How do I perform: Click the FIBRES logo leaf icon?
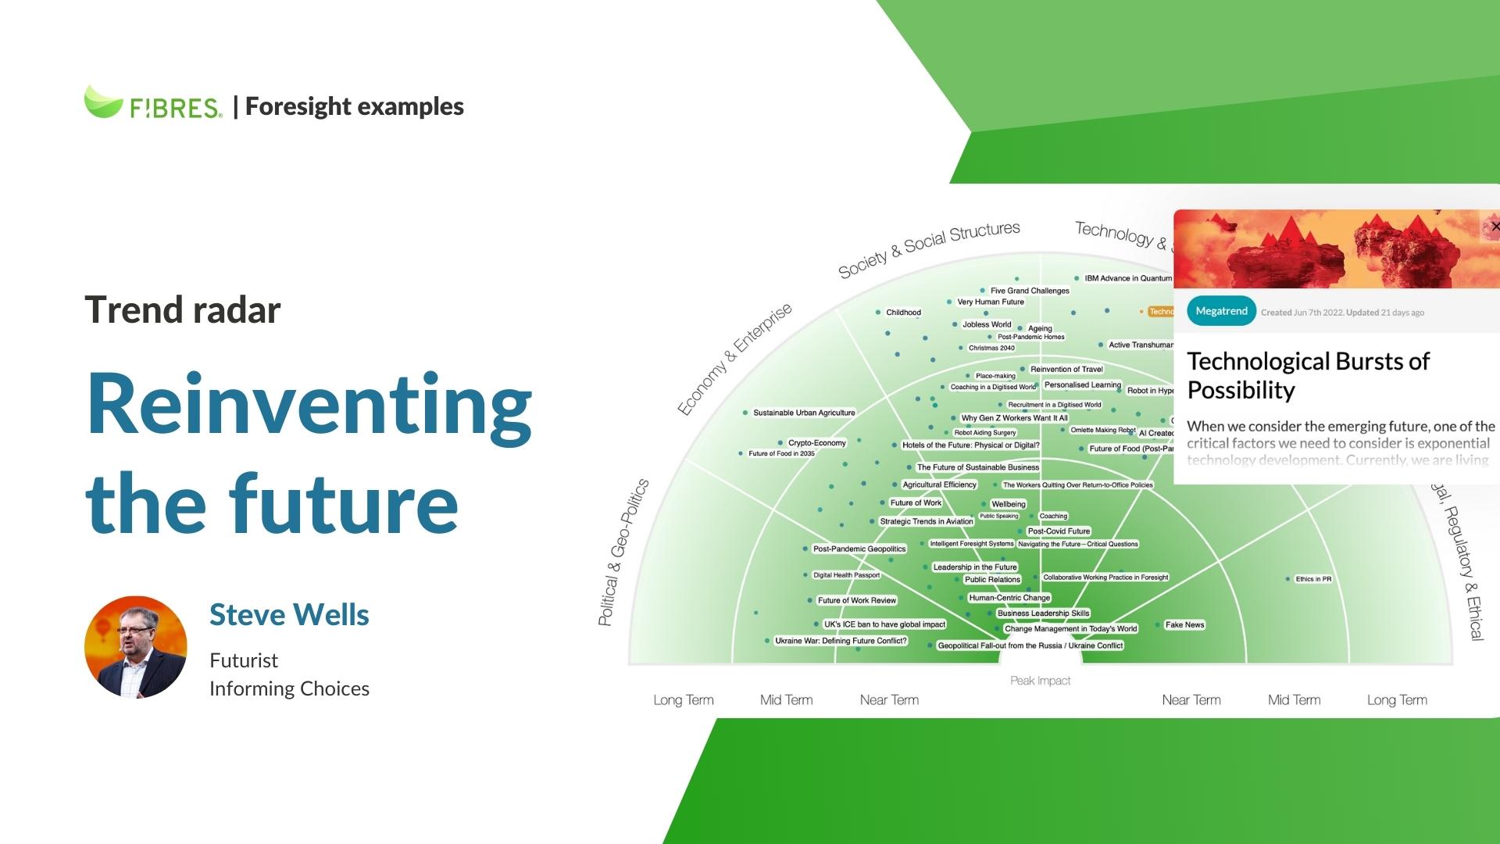tap(103, 102)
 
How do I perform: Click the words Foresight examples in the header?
tap(354, 106)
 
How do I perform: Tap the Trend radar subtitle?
tap(182, 309)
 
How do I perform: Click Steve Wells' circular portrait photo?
tap(136, 647)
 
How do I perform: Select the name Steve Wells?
tap(289, 615)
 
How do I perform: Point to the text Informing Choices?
tap(289, 688)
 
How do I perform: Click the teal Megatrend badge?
tap(1221, 311)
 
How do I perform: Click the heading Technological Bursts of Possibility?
tap(1308, 375)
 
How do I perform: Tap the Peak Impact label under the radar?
tap(1040, 681)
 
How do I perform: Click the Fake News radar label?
tap(1184, 624)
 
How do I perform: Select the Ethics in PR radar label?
tap(1312, 579)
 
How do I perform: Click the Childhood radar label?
tap(903, 313)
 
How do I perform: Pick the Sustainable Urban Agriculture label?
tap(803, 413)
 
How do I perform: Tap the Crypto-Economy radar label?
tap(816, 443)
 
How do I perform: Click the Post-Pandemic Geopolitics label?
tap(859, 549)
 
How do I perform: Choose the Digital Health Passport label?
tap(846, 575)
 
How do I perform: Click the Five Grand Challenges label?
tap(1030, 291)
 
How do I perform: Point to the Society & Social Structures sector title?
tap(929, 249)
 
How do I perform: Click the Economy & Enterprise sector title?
tap(734, 359)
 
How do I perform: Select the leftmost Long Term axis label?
tap(684, 700)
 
